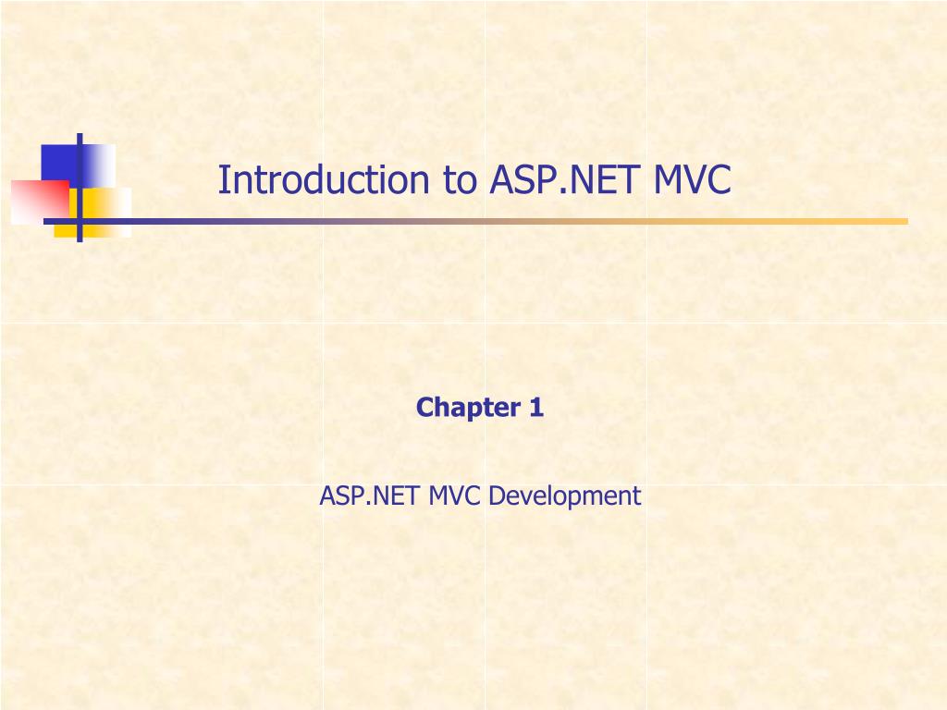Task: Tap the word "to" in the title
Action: click(x=459, y=180)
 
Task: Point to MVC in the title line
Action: click(x=693, y=180)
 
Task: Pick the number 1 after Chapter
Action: click(x=536, y=407)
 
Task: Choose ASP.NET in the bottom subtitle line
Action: click(x=370, y=496)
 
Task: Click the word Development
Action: click(x=564, y=496)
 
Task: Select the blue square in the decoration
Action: click(x=58, y=163)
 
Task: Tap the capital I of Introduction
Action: click(x=222, y=180)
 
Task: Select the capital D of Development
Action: click(x=495, y=496)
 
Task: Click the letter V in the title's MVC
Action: click(x=694, y=180)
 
